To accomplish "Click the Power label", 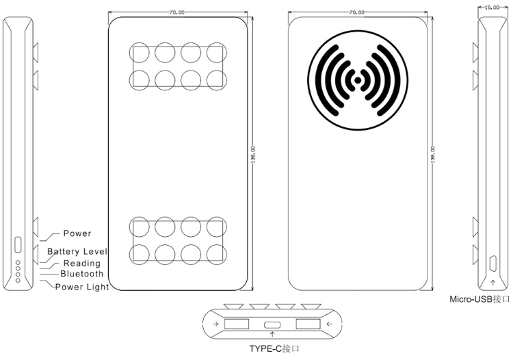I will click(77, 234).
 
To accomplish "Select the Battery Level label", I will click(77, 252).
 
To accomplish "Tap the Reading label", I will click(81, 263).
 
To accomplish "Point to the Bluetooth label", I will click(81, 274).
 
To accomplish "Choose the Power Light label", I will click(81, 287).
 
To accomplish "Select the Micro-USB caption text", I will click(479, 299).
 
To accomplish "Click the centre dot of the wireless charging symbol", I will click(356, 81).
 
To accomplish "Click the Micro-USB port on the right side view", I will click(493, 263).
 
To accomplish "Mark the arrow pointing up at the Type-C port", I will click(274, 333).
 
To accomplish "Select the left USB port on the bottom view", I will click(236, 324).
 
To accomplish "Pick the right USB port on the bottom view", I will click(308, 324).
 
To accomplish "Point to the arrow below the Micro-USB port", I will click(493, 281).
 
